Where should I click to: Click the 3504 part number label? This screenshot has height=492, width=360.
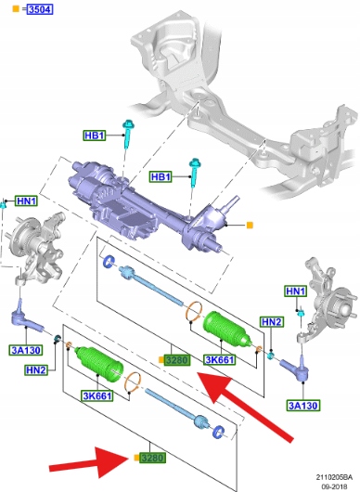coord(40,9)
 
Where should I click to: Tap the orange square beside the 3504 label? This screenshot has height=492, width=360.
coord(16,8)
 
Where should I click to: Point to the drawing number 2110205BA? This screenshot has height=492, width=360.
coord(334,477)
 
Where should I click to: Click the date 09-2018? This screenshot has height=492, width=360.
coord(336,486)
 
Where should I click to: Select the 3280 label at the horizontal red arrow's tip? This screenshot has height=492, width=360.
coord(152,458)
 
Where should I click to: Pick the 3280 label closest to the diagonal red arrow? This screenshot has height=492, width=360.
coord(177,360)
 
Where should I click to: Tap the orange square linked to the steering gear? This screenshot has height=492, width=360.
coord(250,225)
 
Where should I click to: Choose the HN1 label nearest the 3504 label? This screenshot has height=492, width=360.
coord(27,201)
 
